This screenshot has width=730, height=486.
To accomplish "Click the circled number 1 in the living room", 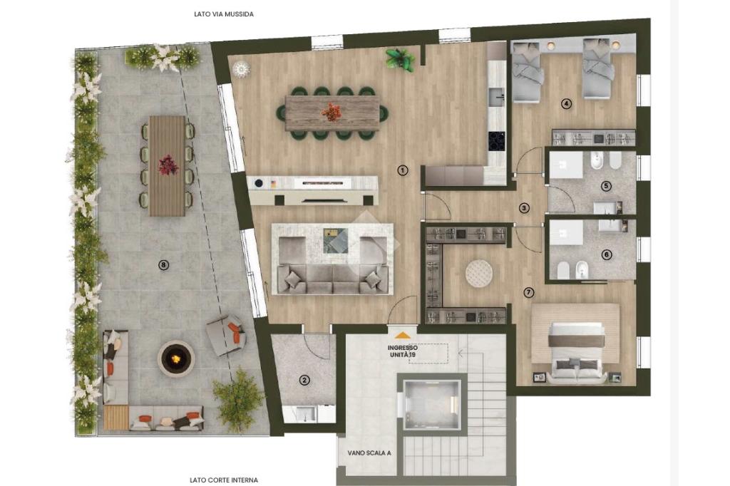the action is [403, 170].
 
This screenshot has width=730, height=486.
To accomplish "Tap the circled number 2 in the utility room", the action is [304, 381].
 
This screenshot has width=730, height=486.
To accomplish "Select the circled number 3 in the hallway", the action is [525, 208].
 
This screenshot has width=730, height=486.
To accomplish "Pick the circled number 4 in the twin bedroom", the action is [566, 104].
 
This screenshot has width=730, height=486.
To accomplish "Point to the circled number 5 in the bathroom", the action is [606, 186].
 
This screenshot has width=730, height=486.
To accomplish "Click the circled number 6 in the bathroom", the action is [606, 254].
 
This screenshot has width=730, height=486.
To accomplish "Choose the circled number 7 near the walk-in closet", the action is [528, 293].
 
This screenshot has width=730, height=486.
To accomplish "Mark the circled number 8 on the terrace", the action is [163, 265].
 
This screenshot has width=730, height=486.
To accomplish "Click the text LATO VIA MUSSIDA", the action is [224, 14].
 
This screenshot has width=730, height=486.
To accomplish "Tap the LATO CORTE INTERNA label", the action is [224, 480].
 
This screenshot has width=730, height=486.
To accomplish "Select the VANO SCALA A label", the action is [369, 453].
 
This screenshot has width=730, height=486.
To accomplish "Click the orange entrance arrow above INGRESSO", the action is [402, 335].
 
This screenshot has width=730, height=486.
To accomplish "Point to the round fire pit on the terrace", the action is [175, 358].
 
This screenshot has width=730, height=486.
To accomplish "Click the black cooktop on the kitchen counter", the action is [497, 141].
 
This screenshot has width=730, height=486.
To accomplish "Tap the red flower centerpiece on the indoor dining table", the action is [331, 112].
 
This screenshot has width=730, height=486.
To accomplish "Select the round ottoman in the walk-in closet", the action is [479, 273].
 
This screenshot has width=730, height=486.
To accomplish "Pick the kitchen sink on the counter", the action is [497, 98].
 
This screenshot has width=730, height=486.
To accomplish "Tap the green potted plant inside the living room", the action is [400, 59].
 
